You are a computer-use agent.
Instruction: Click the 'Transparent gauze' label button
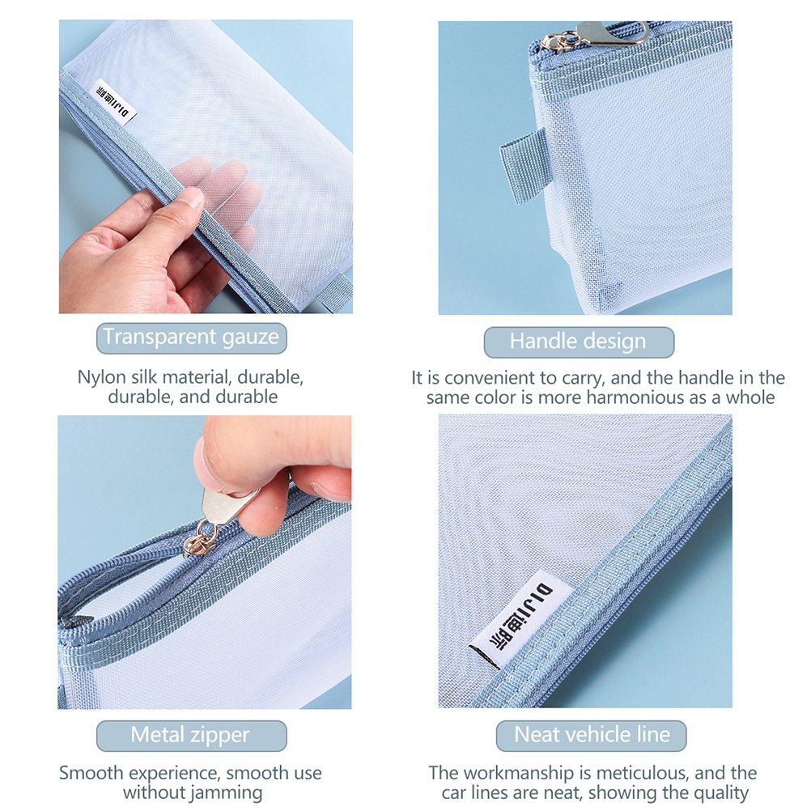pyautogui.click(x=191, y=338)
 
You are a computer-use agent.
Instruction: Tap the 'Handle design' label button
pyautogui.click(x=579, y=342)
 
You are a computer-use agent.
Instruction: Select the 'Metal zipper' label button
pyautogui.click(x=191, y=736)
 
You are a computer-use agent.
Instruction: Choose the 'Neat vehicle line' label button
pyautogui.click(x=591, y=736)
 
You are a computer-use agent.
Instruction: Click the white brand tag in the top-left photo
pyautogui.click(x=113, y=102)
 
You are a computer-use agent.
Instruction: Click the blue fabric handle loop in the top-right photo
pyautogui.click(x=524, y=165)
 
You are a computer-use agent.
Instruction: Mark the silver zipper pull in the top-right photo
pyautogui.click(x=595, y=36)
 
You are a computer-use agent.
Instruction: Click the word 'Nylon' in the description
pyautogui.click(x=101, y=377)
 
